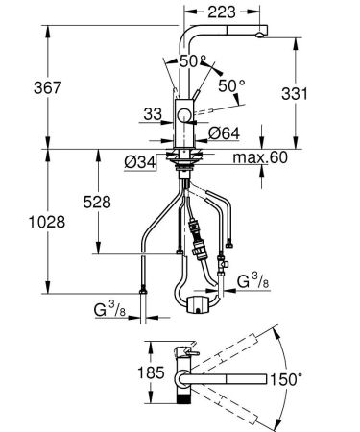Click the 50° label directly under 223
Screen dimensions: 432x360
[195, 60]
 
